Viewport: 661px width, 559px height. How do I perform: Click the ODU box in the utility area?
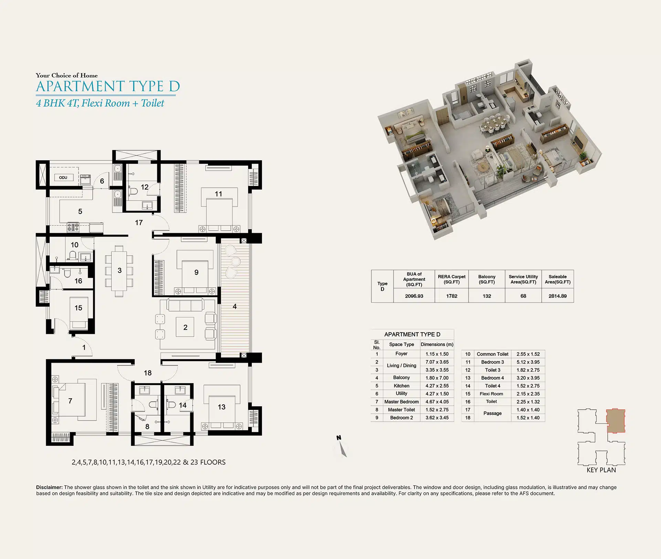point(63,178)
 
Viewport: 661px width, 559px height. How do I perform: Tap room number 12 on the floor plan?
point(145,187)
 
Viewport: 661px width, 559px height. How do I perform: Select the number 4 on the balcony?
point(234,307)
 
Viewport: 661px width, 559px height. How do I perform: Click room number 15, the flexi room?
point(78,308)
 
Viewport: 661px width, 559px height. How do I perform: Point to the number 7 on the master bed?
point(70,401)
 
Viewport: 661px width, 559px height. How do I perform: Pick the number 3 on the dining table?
point(119,270)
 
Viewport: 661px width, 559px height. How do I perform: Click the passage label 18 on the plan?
point(148,373)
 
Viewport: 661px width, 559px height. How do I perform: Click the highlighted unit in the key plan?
point(616,421)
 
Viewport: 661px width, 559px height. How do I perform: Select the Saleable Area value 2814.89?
point(558,296)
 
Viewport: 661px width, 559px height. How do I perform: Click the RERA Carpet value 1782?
point(452,296)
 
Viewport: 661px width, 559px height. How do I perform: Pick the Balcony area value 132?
point(487,296)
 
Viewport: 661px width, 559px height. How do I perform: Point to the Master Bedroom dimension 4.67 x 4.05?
point(437,402)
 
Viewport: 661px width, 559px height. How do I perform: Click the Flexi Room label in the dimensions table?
point(491,394)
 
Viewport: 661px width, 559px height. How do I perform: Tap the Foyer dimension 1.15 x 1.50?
point(437,354)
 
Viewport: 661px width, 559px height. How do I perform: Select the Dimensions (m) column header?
point(437,344)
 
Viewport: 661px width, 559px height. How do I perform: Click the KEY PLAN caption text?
point(601,470)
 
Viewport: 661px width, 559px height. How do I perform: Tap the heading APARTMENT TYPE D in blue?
point(108,86)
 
